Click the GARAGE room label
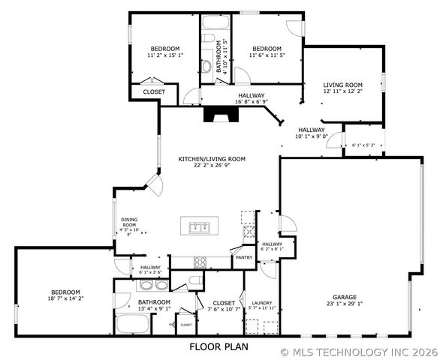coord(345,296)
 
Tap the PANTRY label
coord(244,257)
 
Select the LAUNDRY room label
coord(262,302)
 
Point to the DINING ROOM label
coord(129,223)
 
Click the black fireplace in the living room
coord(218,115)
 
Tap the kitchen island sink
coord(199,226)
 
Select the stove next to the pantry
coord(200,262)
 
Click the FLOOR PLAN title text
coord(218,346)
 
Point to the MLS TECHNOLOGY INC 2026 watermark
coord(359,351)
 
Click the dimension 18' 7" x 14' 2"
coord(67,298)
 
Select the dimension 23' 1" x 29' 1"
coord(345,304)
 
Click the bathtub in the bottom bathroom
coord(134,325)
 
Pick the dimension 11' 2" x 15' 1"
coord(164,55)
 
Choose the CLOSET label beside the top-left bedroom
coord(154,91)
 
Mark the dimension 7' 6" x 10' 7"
coord(223,309)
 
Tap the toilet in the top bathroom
coord(206,66)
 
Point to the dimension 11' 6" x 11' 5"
coord(266,55)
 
